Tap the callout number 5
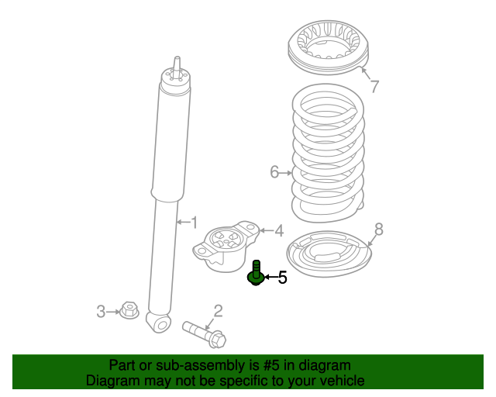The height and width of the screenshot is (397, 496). pyautogui.click(x=282, y=277)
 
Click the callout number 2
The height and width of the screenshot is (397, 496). pyautogui.click(x=218, y=311)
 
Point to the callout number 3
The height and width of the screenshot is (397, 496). pyautogui.click(x=101, y=312)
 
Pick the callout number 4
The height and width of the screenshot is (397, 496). pyautogui.click(x=278, y=230)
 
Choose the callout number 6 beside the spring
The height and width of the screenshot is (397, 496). pyautogui.click(x=274, y=172)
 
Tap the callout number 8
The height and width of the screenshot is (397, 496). pyautogui.click(x=378, y=229)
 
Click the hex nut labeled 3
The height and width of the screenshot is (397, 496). pyautogui.click(x=129, y=312)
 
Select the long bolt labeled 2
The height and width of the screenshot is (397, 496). pyautogui.click(x=203, y=333)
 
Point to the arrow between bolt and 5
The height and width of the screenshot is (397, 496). pyautogui.click(x=270, y=276)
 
